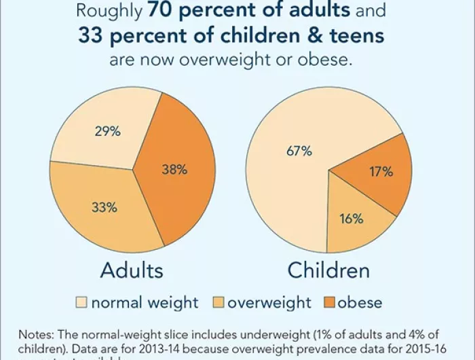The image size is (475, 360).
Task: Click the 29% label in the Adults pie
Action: click(x=107, y=132)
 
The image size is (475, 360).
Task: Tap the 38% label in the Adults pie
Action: click(x=174, y=170)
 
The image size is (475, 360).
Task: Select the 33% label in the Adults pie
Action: click(x=104, y=207)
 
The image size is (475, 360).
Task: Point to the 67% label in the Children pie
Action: click(x=299, y=151)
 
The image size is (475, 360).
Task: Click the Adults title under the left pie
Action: click(x=132, y=270)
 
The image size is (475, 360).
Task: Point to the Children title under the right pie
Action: click(x=329, y=270)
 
